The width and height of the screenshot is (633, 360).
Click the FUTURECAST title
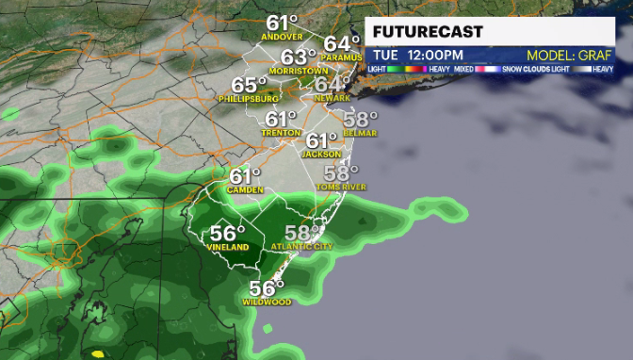click(x=428, y=31)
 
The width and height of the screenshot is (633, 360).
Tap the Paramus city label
click(x=341, y=57)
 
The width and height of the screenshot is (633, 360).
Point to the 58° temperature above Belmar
click(x=360, y=119)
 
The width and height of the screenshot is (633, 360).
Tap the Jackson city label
click(x=322, y=155)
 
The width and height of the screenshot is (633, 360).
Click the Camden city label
click(x=245, y=189)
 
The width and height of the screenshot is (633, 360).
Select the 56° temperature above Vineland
click(x=227, y=233)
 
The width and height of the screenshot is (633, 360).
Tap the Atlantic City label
click(x=301, y=247)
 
